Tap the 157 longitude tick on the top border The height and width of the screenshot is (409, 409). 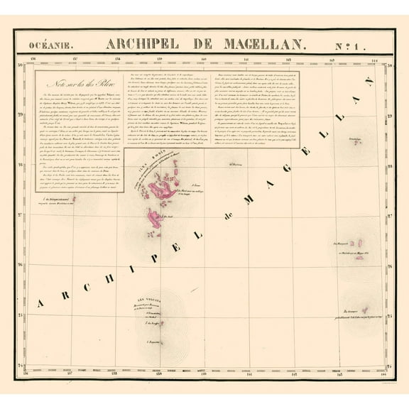pyautogui.click(x=75, y=60)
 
